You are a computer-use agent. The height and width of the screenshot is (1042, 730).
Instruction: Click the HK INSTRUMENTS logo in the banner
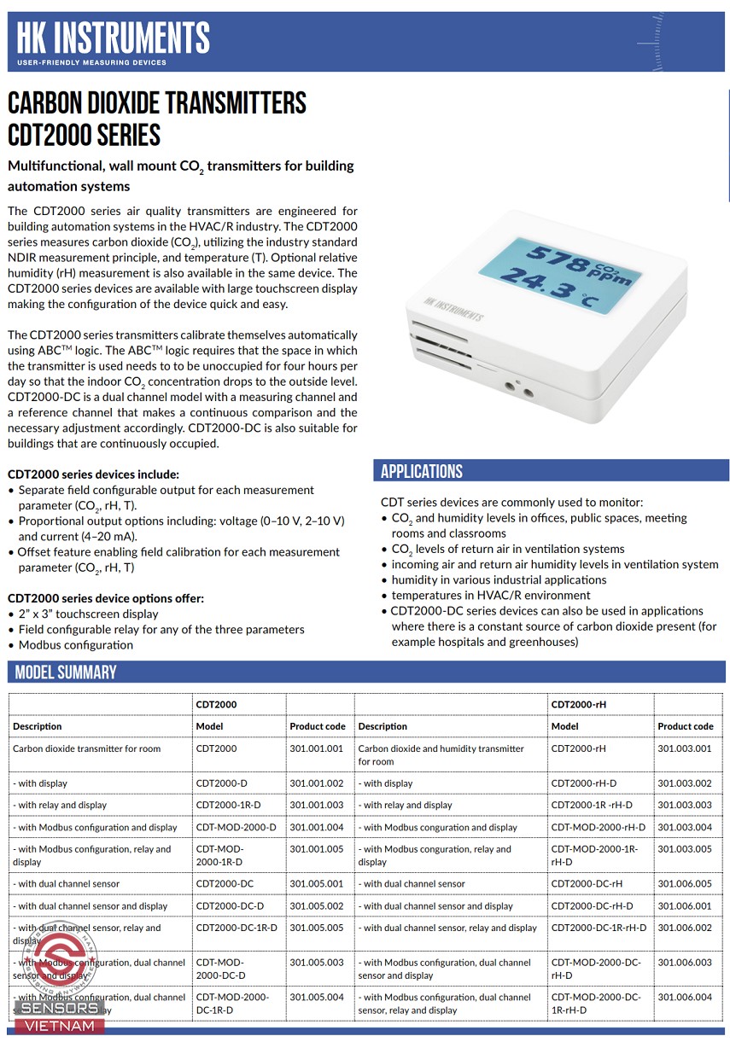[x=113, y=40]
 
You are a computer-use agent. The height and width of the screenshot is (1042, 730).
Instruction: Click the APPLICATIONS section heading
[x=422, y=472]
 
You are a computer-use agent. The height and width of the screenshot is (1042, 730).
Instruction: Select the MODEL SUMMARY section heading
[x=66, y=672]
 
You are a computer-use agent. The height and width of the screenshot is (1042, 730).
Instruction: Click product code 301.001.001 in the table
[x=316, y=748]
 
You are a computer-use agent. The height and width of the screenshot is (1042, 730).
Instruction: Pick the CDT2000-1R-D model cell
[x=228, y=805]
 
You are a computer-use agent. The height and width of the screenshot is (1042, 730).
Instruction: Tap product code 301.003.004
[x=684, y=827]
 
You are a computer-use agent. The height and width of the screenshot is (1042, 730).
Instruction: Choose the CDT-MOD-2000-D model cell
[x=236, y=827]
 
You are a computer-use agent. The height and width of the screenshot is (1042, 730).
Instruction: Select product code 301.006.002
[x=684, y=928]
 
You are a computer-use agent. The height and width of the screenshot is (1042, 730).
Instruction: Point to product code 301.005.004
[x=316, y=997]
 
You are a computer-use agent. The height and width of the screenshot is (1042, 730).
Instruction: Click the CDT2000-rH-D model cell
[x=583, y=783]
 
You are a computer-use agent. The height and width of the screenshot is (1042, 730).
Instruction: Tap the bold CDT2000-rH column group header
[x=578, y=704]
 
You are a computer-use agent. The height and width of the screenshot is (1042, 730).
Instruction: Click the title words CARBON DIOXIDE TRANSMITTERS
[x=156, y=104]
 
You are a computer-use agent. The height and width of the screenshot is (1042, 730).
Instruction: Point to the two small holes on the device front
[x=518, y=390]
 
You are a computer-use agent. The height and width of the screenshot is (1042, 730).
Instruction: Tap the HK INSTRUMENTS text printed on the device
[x=453, y=307]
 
